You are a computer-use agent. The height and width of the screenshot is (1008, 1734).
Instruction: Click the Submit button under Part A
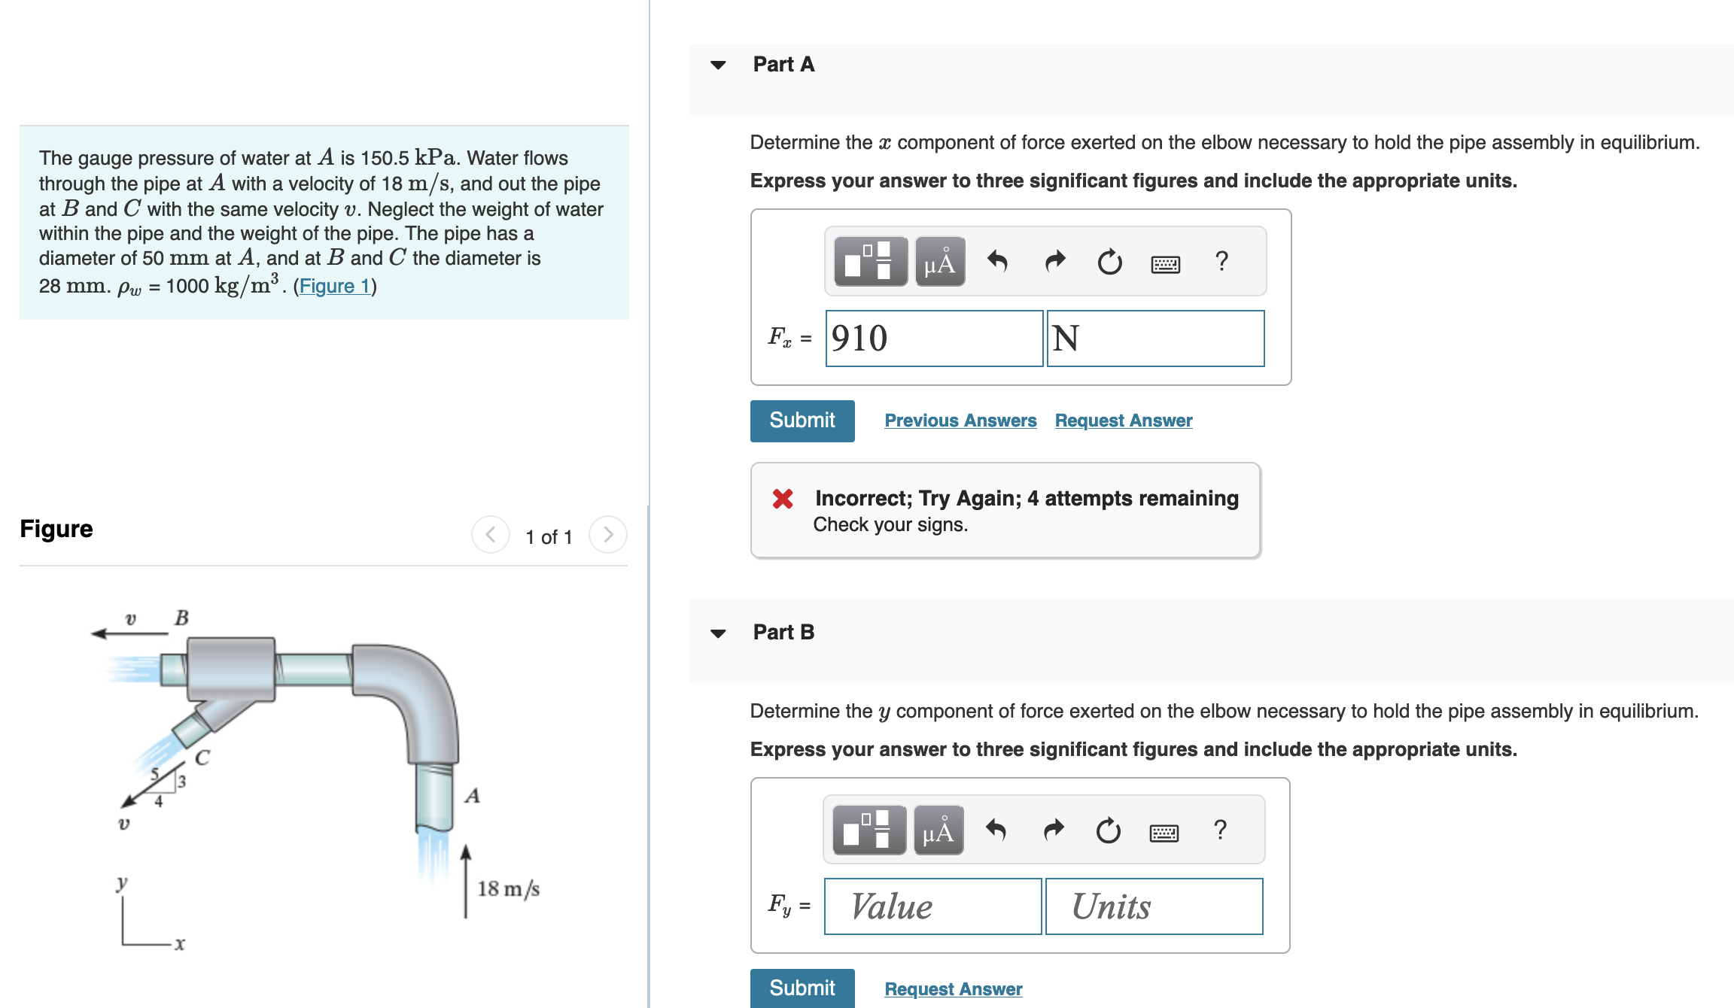coord(802,421)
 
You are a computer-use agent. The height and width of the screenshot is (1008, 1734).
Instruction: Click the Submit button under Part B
coord(802,988)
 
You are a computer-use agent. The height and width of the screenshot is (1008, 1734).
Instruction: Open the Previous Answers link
coord(960,421)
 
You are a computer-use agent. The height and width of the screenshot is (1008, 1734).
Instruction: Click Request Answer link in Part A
coord(1123,421)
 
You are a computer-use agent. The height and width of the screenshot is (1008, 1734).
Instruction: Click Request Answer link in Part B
coord(953,988)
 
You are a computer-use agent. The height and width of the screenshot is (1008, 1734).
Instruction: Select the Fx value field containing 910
coord(933,339)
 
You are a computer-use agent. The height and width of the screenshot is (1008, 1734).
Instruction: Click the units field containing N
coord(1154,339)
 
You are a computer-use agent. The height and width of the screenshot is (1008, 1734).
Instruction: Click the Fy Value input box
coord(932,906)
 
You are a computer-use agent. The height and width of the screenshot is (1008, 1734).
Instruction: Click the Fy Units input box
coord(1154,906)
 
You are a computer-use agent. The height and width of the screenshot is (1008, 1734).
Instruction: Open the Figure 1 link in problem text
coord(334,286)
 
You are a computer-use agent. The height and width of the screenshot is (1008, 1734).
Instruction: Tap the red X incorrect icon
coord(783,499)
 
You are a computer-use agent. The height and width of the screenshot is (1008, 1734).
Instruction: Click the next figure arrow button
coord(608,535)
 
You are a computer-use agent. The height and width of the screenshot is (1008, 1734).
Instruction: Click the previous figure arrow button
coord(490,535)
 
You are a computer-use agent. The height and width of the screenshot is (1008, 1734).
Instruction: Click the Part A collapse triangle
coord(718,65)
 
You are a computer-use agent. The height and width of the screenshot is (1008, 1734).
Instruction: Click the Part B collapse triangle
coord(718,633)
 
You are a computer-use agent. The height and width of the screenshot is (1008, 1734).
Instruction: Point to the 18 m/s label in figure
coord(508,889)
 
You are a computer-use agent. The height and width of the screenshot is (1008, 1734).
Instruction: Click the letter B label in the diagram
coord(181,618)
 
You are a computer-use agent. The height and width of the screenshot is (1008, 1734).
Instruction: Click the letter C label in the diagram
coord(202,758)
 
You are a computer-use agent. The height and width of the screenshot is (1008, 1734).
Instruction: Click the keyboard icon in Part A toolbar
coord(1165,263)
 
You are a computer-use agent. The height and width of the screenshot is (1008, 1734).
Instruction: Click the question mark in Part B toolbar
coord(1220,830)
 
